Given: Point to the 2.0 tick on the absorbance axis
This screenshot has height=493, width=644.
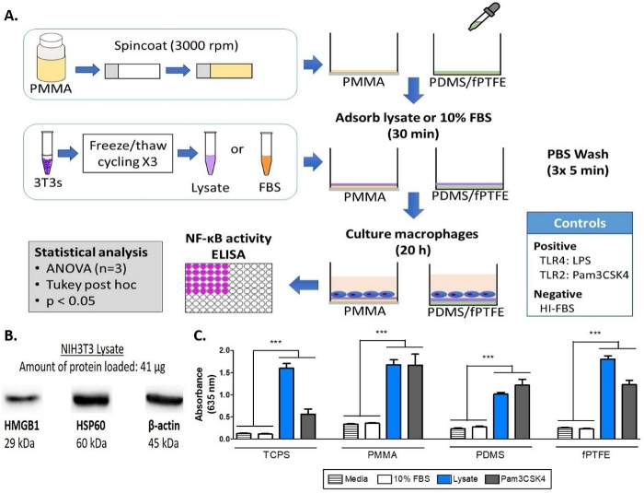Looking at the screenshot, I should click(x=223, y=350).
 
